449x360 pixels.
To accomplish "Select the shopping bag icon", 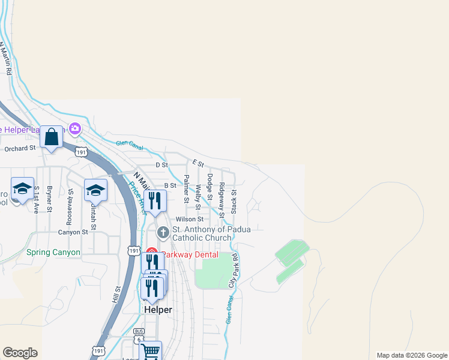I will pyautogui.click(x=52, y=137).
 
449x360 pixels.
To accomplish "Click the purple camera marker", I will pyautogui.click(x=75, y=128).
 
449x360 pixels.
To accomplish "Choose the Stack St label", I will pyautogui.click(x=234, y=202).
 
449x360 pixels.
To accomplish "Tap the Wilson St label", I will pyautogui.click(x=189, y=220).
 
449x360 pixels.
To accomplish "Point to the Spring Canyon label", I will pyautogui.click(x=53, y=253).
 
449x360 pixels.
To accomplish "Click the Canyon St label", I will pyautogui.click(x=73, y=232).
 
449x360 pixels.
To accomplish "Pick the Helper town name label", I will pyautogui.click(x=158, y=310).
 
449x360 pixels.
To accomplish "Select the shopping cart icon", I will pyautogui.click(x=151, y=351).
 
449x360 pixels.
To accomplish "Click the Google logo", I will pyautogui.click(x=20, y=353).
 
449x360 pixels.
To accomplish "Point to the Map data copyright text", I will pyautogui.click(x=412, y=355).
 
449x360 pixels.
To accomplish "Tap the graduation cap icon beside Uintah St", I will pyautogui.click(x=95, y=190).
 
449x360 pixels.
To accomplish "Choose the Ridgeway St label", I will pyautogui.click(x=222, y=199).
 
